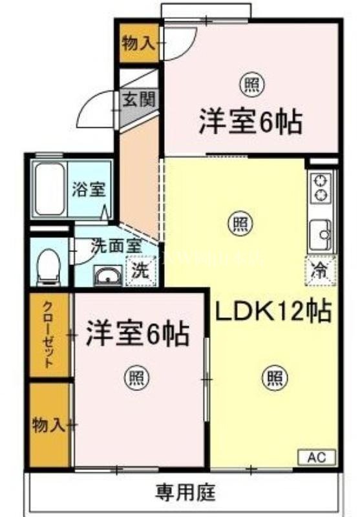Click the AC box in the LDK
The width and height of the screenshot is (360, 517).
coord(316,457)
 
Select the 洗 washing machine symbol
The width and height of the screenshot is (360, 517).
coord(139,271)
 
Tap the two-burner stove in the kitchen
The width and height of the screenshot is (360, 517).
coord(320,187)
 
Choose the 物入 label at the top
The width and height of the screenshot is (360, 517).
coord(138,43)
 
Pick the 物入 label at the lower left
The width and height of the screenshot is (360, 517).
coord(48,425)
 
